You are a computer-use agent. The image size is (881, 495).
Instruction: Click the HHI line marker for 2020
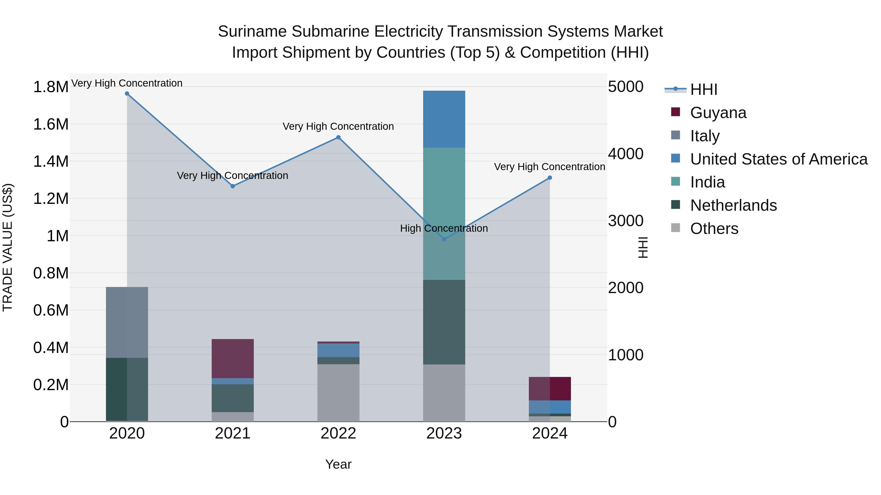click(127, 94)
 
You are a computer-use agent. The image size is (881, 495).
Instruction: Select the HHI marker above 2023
click(444, 239)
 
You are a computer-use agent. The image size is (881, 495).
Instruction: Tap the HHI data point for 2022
click(338, 137)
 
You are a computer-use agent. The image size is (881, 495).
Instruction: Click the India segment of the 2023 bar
click(444, 213)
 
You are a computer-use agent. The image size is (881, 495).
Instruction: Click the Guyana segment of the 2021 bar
click(232, 358)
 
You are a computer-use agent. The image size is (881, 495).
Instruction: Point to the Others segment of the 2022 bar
click(338, 393)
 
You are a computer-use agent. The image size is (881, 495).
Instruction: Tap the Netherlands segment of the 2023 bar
click(444, 322)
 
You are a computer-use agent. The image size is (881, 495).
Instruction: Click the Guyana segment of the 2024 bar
click(550, 388)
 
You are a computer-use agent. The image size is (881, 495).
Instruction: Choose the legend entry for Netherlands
click(733, 205)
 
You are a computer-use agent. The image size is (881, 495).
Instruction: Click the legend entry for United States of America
click(778, 159)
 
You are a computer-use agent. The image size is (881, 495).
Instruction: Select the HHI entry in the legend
click(704, 89)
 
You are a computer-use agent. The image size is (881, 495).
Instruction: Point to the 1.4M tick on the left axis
click(51, 161)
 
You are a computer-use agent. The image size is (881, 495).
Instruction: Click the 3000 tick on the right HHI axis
click(626, 221)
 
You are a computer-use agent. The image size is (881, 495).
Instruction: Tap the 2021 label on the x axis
click(232, 433)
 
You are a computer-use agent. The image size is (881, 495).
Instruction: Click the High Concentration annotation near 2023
click(444, 228)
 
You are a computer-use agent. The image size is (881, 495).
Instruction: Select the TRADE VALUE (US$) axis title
click(8, 247)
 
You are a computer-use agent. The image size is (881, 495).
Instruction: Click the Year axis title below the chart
click(338, 464)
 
